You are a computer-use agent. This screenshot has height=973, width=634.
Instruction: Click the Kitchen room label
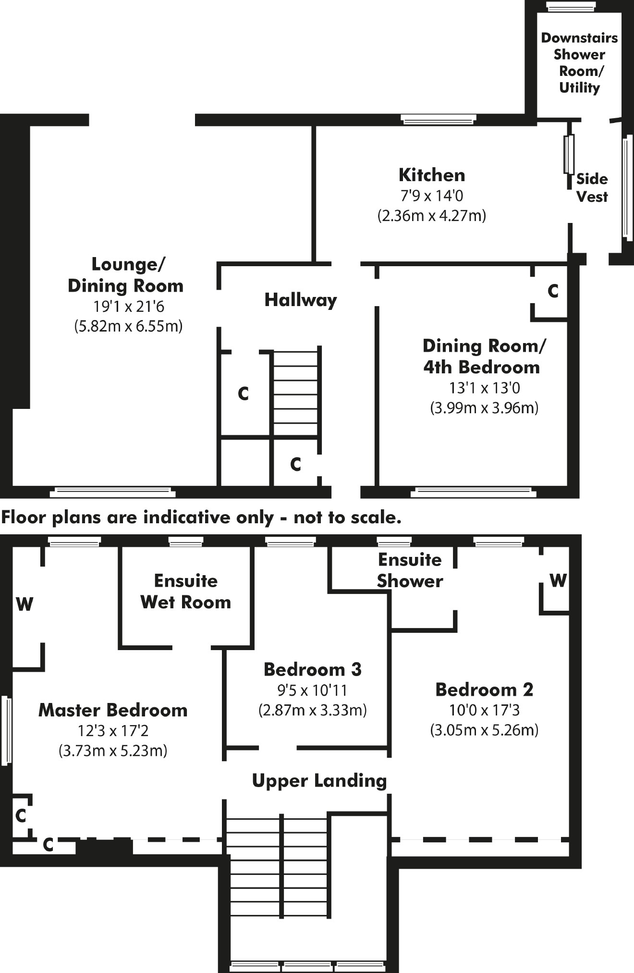pyautogui.click(x=432, y=175)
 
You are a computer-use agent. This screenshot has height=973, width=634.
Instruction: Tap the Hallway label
pyautogui.click(x=300, y=300)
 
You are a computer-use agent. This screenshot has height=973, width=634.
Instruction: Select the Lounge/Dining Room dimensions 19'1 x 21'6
pyautogui.click(x=128, y=306)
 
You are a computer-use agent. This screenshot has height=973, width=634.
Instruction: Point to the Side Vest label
pyautogui.click(x=592, y=188)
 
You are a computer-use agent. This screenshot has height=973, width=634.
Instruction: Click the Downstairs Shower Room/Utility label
pyautogui.click(x=579, y=62)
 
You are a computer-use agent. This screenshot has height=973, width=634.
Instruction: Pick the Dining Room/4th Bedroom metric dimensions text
pyautogui.click(x=484, y=408)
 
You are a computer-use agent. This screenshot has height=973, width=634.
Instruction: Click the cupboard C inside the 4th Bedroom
pyautogui.click(x=553, y=291)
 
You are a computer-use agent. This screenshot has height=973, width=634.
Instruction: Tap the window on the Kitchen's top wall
pyautogui.click(x=438, y=119)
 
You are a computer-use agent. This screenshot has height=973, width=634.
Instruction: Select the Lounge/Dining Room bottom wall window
pyautogui.click(x=112, y=492)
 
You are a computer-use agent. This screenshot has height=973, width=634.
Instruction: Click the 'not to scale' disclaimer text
pyautogui.click(x=201, y=517)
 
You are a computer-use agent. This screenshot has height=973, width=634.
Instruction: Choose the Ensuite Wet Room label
pyautogui.click(x=186, y=591)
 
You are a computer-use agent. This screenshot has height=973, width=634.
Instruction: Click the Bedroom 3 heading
pyautogui.click(x=312, y=669)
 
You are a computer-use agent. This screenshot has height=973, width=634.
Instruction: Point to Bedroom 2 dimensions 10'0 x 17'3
pyautogui.click(x=484, y=710)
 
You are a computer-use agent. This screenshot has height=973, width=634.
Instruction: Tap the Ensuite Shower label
pyautogui.click(x=410, y=570)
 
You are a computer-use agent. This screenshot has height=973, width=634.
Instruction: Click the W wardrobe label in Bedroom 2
pyautogui.click(x=558, y=580)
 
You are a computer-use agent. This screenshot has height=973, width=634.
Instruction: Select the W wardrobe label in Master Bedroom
pyautogui.click(x=24, y=604)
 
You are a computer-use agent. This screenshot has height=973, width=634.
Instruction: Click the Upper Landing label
pyautogui.click(x=319, y=781)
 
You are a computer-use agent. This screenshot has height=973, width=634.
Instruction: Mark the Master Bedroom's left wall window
pyautogui.click(x=7, y=730)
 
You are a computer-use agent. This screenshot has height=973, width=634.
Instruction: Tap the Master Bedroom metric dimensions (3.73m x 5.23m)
pyautogui.click(x=113, y=751)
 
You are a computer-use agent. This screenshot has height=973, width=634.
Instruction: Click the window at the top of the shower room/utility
pyautogui.click(x=571, y=6)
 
